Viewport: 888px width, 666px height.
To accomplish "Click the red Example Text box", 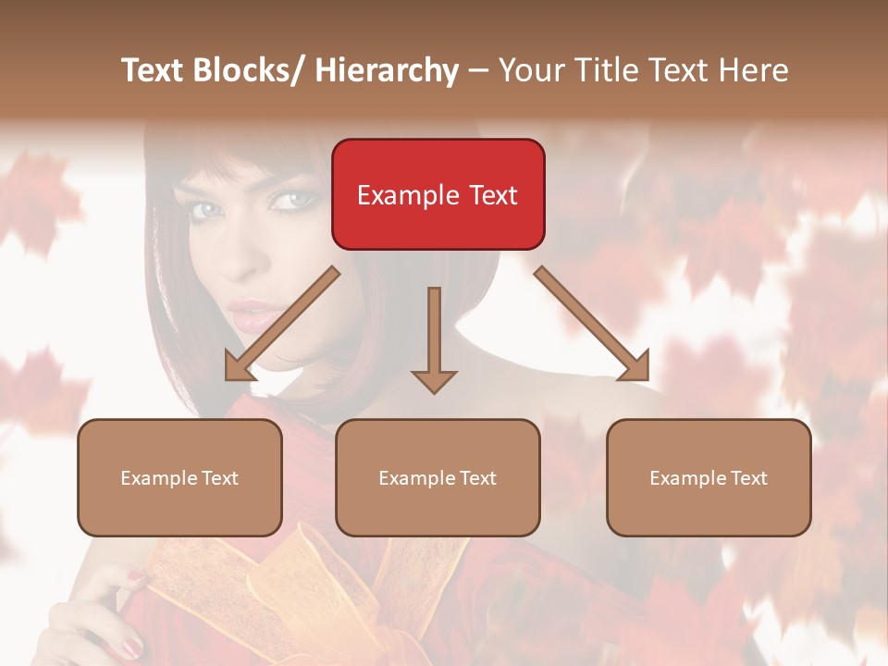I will pyautogui.click(x=438, y=194).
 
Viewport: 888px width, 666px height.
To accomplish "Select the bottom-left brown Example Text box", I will pyautogui.click(x=179, y=477).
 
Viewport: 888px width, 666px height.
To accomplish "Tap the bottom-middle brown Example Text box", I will pyautogui.click(x=438, y=477).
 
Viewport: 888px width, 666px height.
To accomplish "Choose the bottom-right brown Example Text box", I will pyautogui.click(x=709, y=477).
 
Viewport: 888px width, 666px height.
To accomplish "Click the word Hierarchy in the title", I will pyautogui.click(x=387, y=70).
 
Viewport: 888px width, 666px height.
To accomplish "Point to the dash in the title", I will pyautogui.click(x=478, y=71).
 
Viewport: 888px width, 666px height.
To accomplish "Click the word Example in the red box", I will pyautogui.click(x=403, y=195).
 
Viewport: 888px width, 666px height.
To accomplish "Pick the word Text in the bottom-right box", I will pyautogui.click(x=749, y=477).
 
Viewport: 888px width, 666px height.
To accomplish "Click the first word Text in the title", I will pyautogui.click(x=154, y=70).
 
